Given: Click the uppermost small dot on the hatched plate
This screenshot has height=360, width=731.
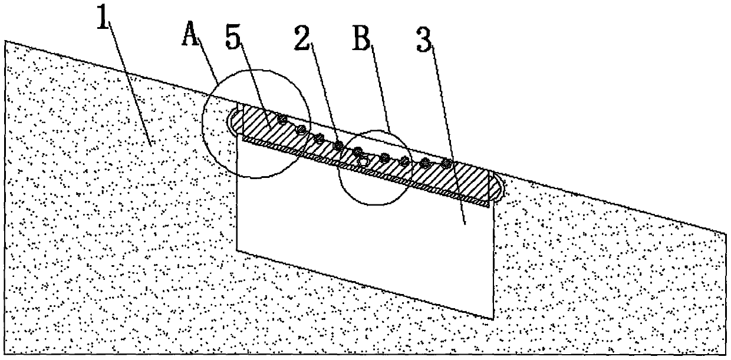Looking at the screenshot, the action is click(x=283, y=120).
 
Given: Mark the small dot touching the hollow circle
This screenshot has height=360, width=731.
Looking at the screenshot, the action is click(x=358, y=152).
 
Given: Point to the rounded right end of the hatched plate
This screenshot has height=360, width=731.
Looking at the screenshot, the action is click(x=498, y=187).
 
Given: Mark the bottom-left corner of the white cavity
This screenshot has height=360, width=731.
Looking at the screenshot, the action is click(x=237, y=250).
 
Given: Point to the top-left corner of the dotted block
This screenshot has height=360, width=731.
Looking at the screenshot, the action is click(x=6, y=41).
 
